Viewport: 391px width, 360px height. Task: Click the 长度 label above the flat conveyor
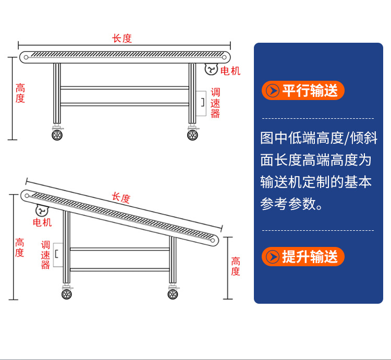(122, 39)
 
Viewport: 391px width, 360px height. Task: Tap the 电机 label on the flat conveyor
(230, 71)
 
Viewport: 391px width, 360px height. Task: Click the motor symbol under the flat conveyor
(211, 69)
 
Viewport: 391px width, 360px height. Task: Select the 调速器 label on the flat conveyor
(215, 103)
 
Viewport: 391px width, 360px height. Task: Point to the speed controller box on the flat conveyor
(201, 103)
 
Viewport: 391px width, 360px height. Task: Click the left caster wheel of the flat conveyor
(57, 135)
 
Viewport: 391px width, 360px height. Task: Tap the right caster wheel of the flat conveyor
(192, 135)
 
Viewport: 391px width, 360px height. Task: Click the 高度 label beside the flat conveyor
(20, 93)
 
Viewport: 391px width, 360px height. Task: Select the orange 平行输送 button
(303, 91)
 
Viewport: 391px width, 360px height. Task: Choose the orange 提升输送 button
(303, 257)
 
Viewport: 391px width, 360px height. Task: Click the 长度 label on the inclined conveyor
(121, 198)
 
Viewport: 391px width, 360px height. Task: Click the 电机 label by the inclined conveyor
(42, 222)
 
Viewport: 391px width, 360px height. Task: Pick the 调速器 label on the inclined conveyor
(45, 255)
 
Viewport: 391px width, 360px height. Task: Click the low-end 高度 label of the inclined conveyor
(236, 266)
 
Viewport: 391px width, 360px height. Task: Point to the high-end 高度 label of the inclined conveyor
(19, 247)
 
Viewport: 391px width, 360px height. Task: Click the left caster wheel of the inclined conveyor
(67, 294)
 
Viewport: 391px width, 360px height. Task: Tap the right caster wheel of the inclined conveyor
(173, 294)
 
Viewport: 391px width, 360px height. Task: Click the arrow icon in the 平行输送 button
(272, 91)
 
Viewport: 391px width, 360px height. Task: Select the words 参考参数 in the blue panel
(288, 204)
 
